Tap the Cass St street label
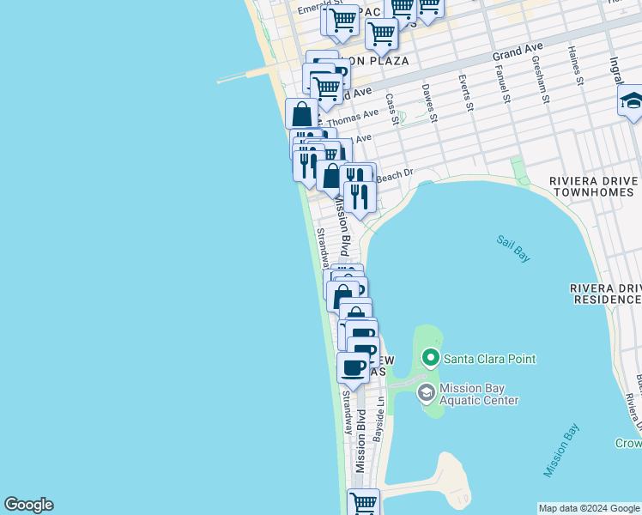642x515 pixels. (x=392, y=109)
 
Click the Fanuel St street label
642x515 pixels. (x=502, y=87)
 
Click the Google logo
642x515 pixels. (x=28, y=505)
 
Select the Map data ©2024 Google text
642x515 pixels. (x=589, y=508)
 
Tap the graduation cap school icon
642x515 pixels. (x=631, y=101)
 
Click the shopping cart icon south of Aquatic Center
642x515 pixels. (x=363, y=502)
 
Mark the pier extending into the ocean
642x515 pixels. (x=245, y=77)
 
